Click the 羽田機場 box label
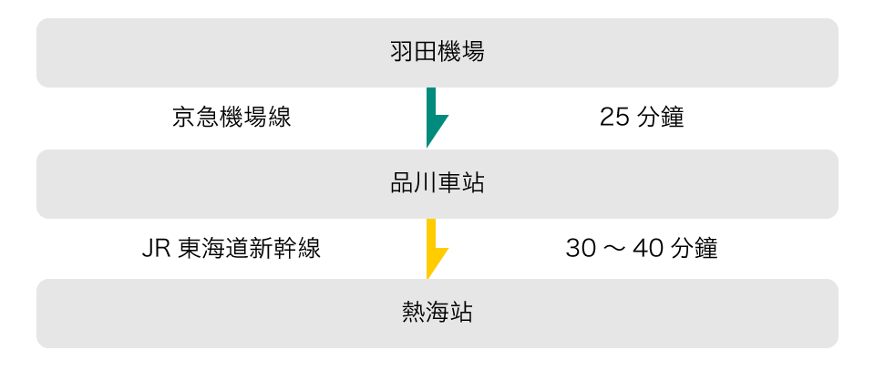(437, 52)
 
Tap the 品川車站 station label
(437, 183)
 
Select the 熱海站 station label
(437, 314)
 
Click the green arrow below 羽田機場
(435, 118)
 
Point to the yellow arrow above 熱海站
(435, 248)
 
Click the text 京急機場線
(232, 118)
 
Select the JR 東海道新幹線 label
(232, 248)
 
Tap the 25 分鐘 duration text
(642, 118)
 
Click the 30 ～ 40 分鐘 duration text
(642, 248)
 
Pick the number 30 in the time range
(579, 248)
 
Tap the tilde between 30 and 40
(612, 248)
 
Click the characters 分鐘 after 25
(660, 118)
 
